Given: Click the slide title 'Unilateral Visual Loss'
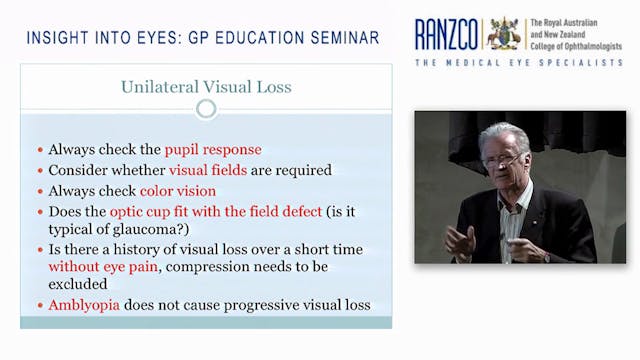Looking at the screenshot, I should pos(206,87).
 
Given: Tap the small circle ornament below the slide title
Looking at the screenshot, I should pos(206,108).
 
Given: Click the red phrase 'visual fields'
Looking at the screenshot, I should pos(209,170).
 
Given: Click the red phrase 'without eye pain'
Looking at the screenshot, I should pos(106,268).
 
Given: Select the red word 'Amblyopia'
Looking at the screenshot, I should pos(87,304).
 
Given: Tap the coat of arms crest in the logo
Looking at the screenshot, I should pos(504,32).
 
